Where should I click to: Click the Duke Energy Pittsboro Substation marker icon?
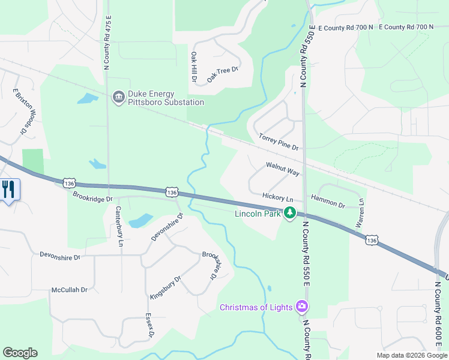click(118, 97)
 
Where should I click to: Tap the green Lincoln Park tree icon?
click(290, 212)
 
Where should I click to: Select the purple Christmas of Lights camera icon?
click(302, 307)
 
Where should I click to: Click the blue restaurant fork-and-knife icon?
click(8, 190)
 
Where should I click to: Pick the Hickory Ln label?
click(277, 197)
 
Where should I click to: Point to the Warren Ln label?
click(360, 212)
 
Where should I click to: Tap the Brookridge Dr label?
click(92, 196)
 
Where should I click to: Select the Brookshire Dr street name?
click(209, 265)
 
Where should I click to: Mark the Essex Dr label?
click(150, 325)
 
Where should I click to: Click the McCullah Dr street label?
click(70, 289)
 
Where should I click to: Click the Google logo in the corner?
click(20, 353)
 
